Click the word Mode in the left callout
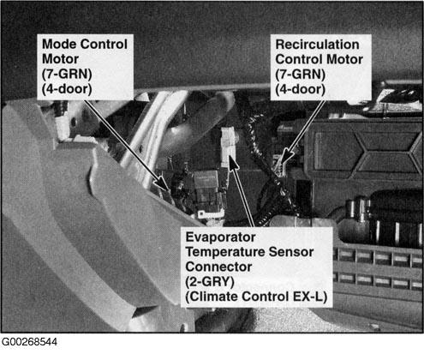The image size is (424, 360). click(x=59, y=45)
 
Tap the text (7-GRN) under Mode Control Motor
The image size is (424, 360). click(x=67, y=74)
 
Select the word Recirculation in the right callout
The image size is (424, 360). click(x=317, y=45)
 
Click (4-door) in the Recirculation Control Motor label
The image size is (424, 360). click(x=300, y=89)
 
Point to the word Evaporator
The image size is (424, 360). click(x=220, y=237)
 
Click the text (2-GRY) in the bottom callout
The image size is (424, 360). click(x=210, y=282)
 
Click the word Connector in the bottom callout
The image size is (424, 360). click(x=218, y=267)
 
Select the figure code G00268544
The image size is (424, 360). click(x=29, y=342)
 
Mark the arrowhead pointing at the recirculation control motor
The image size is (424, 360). click(x=286, y=157)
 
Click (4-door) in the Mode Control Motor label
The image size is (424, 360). click(x=67, y=89)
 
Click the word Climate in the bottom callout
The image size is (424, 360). click(x=212, y=297)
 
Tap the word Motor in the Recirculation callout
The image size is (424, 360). click(x=344, y=59)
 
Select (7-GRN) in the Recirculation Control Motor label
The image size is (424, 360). click(x=301, y=75)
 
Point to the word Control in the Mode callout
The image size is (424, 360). click(x=104, y=45)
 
